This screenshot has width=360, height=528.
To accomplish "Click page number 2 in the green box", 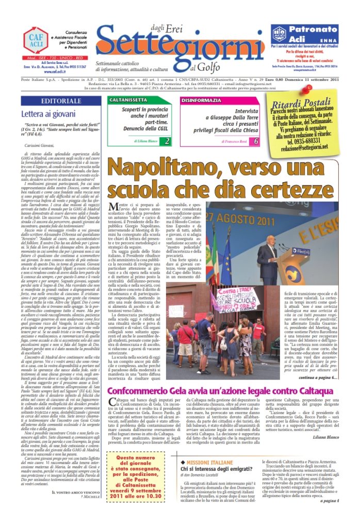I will click(x=167, y=141).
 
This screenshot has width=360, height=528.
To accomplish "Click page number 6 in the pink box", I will click(x=256, y=141).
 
